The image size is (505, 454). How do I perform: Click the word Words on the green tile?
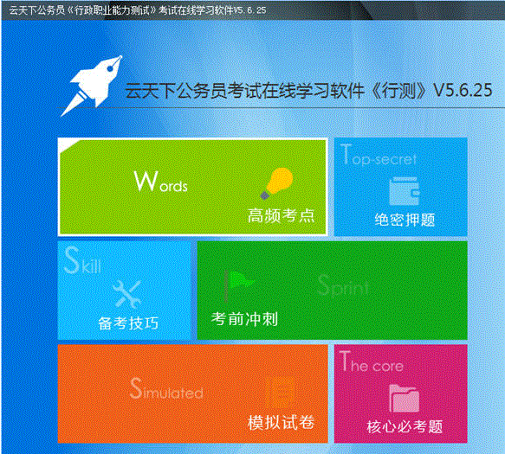coord(161,182)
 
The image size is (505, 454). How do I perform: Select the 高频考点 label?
coord(281,215)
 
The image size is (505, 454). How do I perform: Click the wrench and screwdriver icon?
coord(127,294)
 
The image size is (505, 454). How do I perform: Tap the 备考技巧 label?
coord(128,323)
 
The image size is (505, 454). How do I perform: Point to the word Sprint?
coord(343,286)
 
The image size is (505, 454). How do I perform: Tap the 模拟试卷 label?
coord(281,422)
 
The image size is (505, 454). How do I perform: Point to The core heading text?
coord(372,363)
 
